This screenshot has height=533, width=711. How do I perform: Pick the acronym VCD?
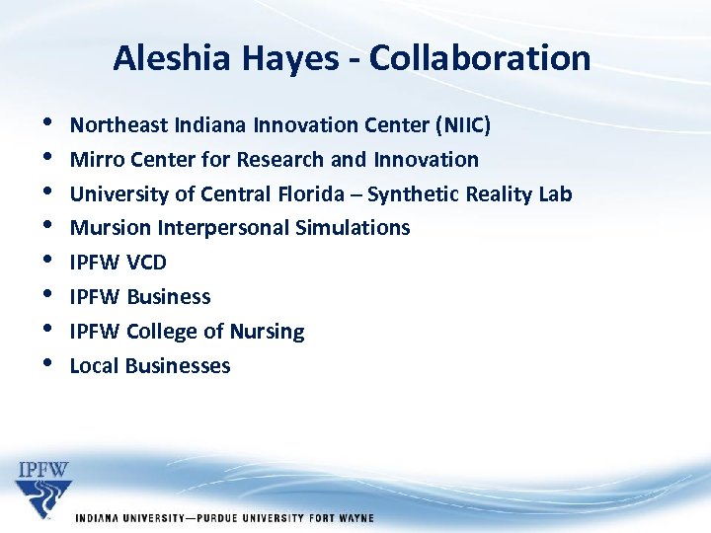pos(146,263)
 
